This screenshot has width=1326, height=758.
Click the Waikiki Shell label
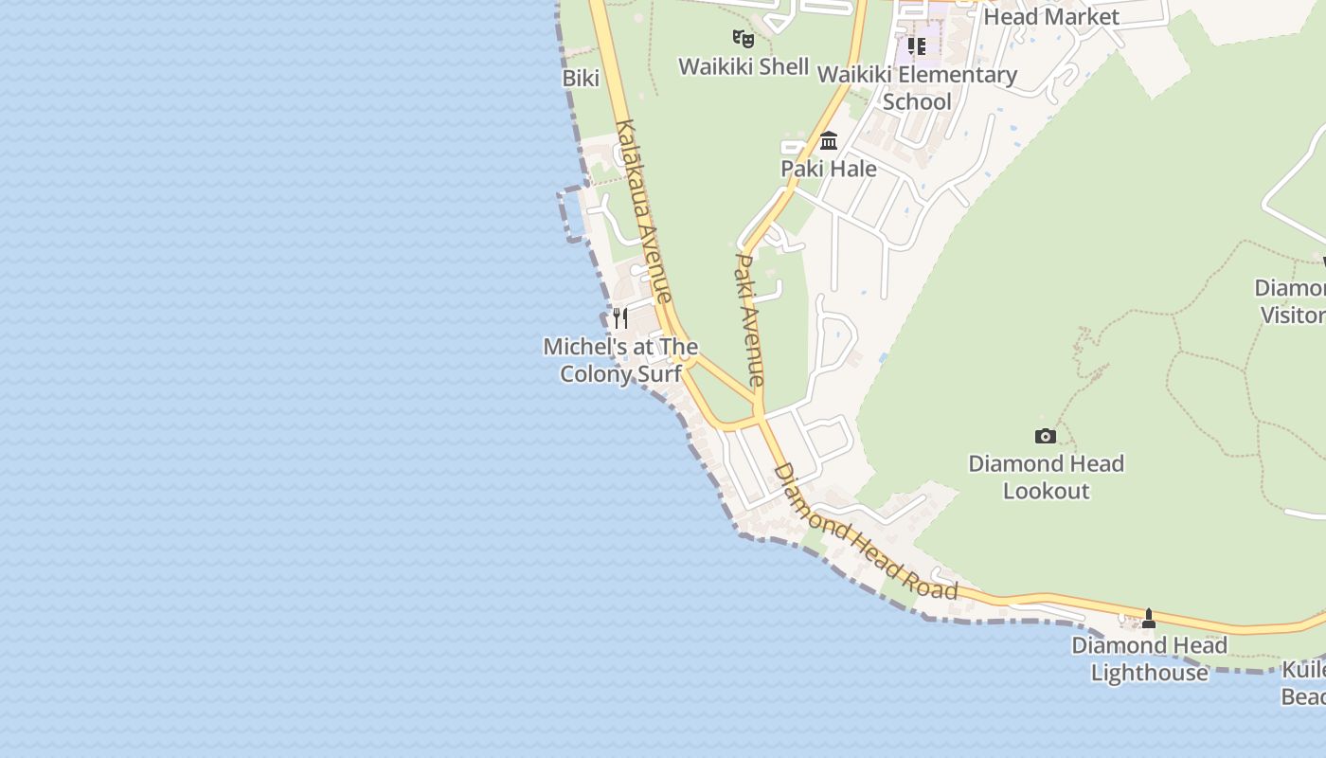point(744,66)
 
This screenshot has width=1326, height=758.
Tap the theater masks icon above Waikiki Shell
point(744,39)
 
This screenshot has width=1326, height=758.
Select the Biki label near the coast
point(581,79)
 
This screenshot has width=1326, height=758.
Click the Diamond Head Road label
point(865,532)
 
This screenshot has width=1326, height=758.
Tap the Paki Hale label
point(828,169)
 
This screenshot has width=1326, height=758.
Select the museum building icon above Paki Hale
point(829,141)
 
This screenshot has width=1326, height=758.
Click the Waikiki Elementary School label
point(916,87)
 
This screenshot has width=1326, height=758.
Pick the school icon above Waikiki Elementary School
point(916,45)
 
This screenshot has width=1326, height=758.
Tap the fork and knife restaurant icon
point(620,317)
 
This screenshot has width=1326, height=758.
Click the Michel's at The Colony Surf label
point(620,360)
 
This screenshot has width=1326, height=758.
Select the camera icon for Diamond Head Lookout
point(1046,436)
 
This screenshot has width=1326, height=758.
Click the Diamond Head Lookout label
point(1046,477)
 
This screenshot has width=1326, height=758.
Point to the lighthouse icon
point(1149,619)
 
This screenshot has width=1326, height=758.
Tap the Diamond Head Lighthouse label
point(1149,659)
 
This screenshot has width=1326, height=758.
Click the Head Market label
point(1051,16)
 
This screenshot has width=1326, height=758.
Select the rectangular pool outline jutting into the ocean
point(573,214)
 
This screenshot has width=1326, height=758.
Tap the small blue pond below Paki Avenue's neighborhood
point(884,358)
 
